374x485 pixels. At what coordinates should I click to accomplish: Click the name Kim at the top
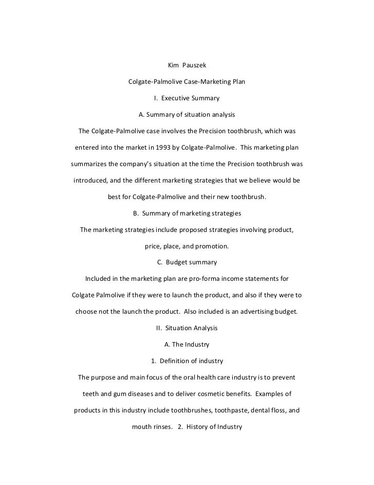(175, 66)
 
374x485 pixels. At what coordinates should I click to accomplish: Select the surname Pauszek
(195, 66)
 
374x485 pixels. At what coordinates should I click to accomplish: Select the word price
(153, 246)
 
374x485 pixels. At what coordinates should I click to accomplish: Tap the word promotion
(212, 246)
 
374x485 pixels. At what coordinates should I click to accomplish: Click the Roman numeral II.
(159, 328)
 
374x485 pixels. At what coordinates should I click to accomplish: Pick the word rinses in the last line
(161, 426)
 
